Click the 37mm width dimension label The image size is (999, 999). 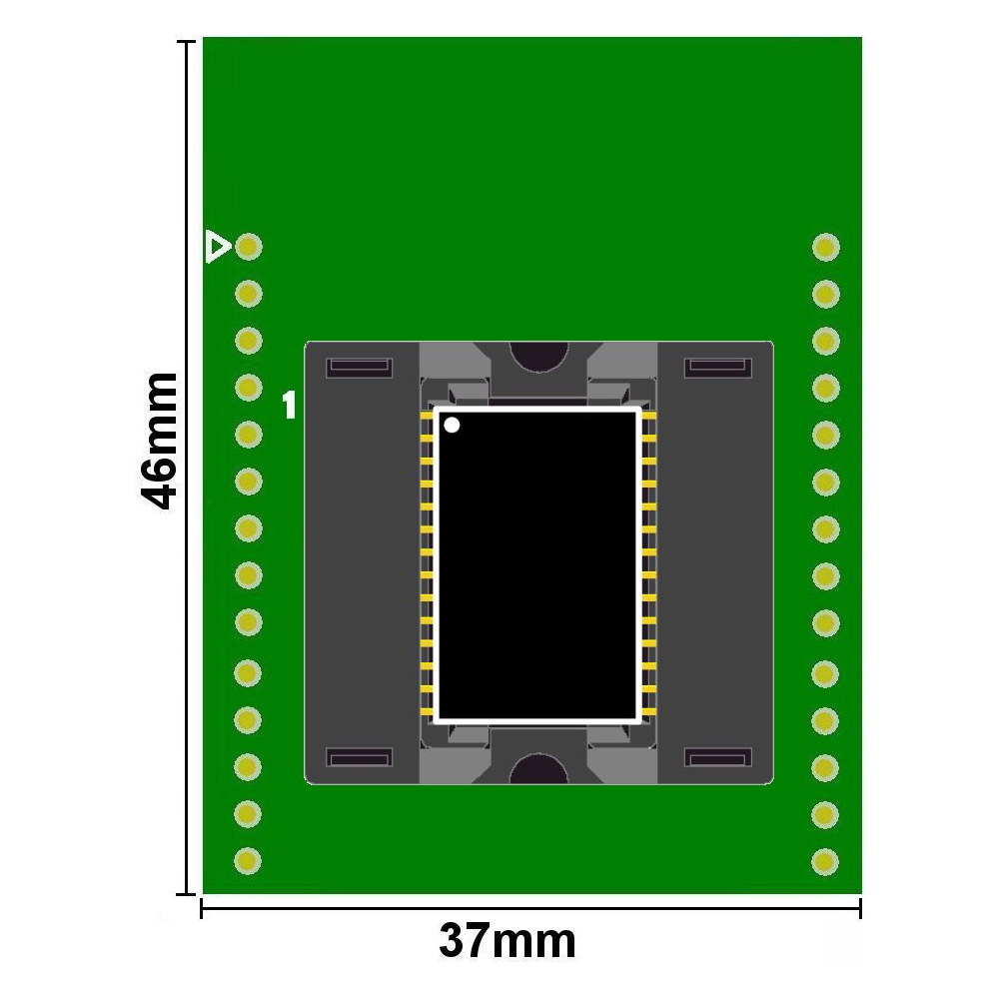coord(507,940)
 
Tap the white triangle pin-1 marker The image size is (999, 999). coord(218,247)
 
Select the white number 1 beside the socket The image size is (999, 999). coord(290,405)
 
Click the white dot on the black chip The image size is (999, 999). coord(452,425)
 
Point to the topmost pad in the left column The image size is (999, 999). coord(249,247)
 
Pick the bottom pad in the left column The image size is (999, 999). coord(248,861)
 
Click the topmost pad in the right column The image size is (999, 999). coord(826,247)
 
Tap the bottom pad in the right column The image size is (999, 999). coord(825,862)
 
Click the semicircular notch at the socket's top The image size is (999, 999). coord(539,355)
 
